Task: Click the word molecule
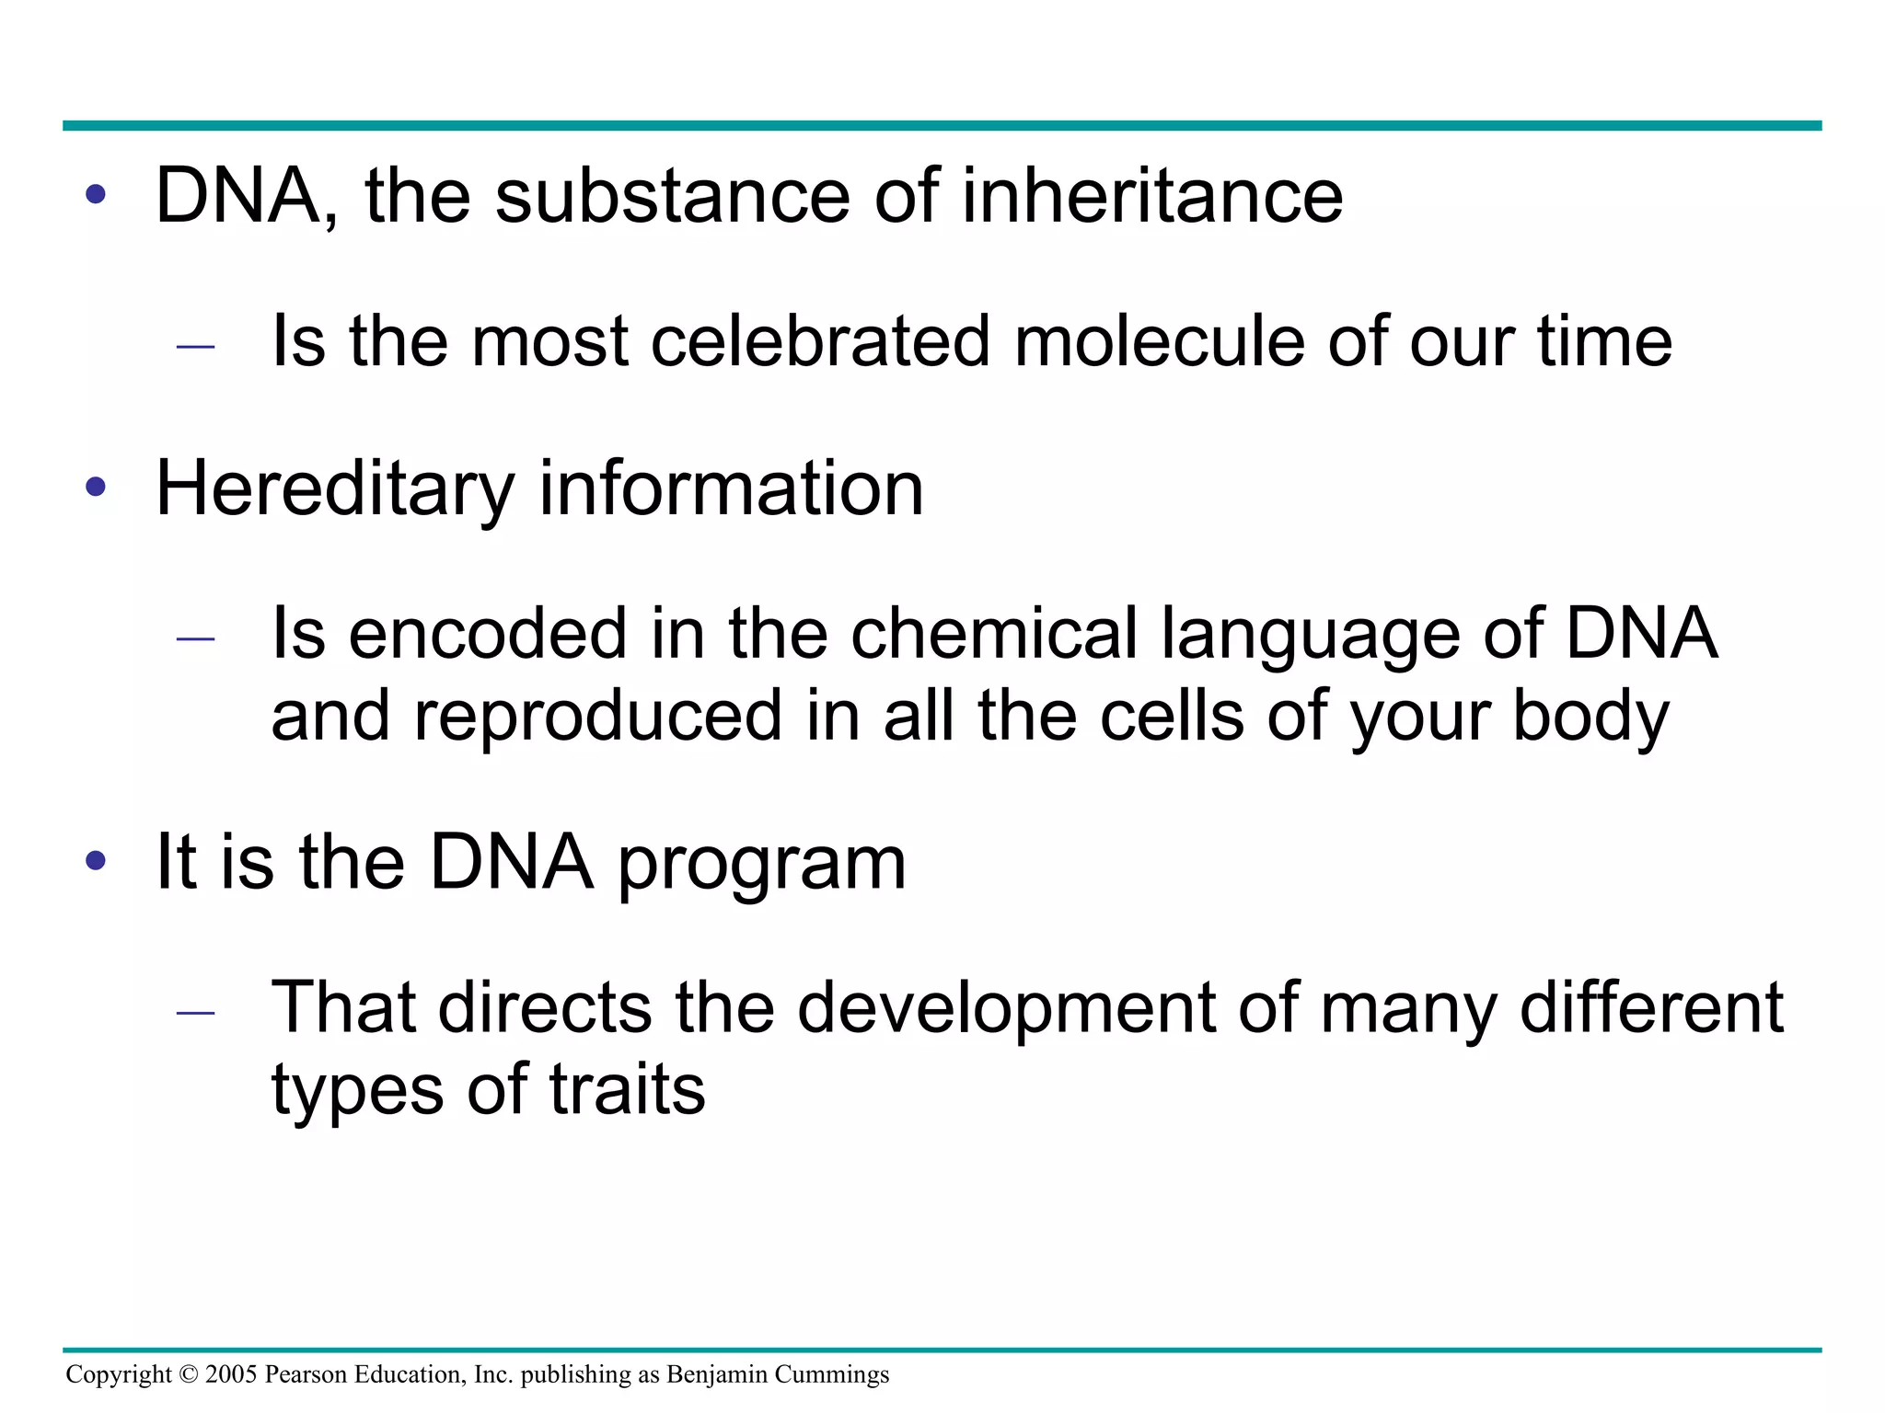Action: [x=1159, y=341]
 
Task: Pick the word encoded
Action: [x=488, y=634]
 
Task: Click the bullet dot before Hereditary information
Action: [x=96, y=487]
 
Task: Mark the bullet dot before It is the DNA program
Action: [x=96, y=861]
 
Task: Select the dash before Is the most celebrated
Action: [x=195, y=347]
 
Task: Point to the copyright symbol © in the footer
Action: [x=188, y=1374]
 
